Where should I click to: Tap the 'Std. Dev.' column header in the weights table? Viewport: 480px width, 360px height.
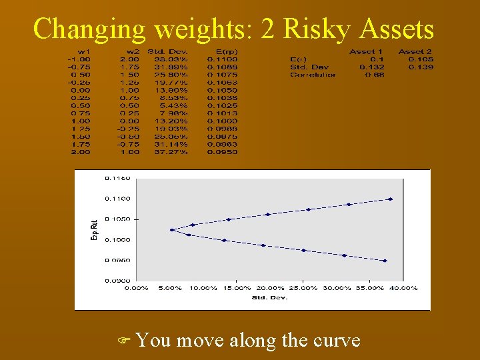click(x=167, y=51)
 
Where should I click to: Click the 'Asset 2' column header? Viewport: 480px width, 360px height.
click(x=415, y=51)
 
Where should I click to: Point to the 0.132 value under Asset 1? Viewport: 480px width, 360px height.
click(x=371, y=67)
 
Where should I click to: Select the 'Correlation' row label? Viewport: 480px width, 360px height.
click(x=313, y=75)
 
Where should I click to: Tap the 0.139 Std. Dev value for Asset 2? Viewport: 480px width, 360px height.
click(x=420, y=67)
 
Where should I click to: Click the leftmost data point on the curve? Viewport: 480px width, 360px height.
click(x=172, y=230)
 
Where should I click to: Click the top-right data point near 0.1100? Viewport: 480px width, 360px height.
click(x=390, y=199)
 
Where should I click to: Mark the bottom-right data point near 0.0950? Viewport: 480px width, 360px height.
click(x=385, y=261)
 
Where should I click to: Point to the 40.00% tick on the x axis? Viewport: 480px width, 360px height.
click(x=404, y=288)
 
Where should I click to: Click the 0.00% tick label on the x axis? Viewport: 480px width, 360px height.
click(x=137, y=288)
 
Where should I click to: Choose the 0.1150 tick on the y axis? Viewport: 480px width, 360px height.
click(x=117, y=178)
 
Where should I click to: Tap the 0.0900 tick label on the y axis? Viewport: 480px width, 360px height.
click(x=117, y=281)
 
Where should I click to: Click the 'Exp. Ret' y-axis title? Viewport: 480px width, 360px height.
click(x=94, y=229)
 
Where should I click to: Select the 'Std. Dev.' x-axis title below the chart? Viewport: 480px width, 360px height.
click(x=270, y=297)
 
